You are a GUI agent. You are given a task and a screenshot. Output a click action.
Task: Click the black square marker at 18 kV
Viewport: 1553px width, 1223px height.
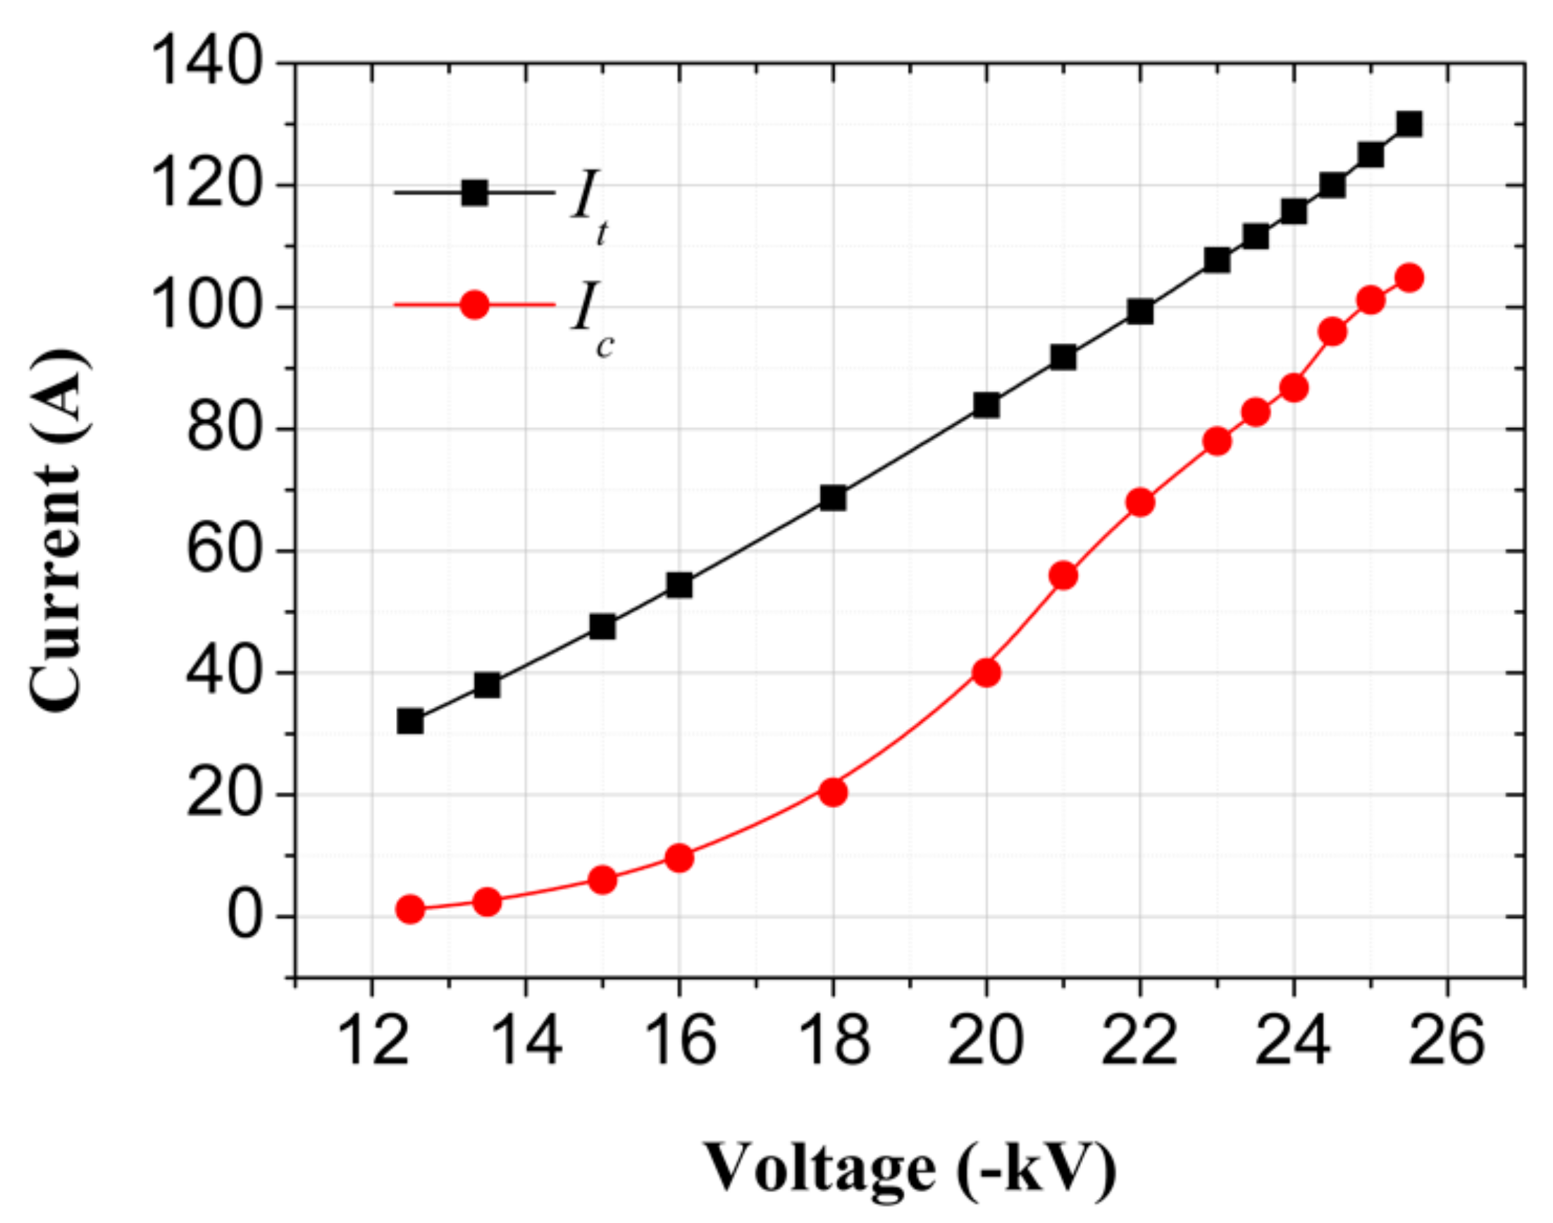833,497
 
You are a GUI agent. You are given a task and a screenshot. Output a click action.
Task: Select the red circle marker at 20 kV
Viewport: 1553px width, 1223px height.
986,672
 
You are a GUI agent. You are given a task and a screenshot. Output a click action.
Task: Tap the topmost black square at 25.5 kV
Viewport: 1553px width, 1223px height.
1409,124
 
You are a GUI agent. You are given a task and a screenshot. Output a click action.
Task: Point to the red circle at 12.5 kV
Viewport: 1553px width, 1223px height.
409,909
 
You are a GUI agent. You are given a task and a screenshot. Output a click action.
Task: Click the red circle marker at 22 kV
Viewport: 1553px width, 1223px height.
1140,503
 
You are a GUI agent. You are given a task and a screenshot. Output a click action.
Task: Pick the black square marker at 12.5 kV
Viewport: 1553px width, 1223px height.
409,721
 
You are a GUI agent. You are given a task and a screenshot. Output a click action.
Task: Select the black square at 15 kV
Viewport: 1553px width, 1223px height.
602,626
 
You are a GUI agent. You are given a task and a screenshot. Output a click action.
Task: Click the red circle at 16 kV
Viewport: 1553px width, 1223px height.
679,857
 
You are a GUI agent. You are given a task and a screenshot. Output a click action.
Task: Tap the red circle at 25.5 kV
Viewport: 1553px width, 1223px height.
1409,278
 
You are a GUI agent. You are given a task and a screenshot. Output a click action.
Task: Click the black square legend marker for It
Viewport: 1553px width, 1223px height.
474,192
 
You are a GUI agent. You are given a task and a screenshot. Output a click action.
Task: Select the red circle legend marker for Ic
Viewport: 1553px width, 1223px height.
474,305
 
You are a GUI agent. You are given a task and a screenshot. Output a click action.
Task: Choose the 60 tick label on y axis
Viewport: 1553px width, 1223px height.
222,551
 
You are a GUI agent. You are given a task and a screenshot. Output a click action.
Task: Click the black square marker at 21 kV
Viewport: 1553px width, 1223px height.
1063,357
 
